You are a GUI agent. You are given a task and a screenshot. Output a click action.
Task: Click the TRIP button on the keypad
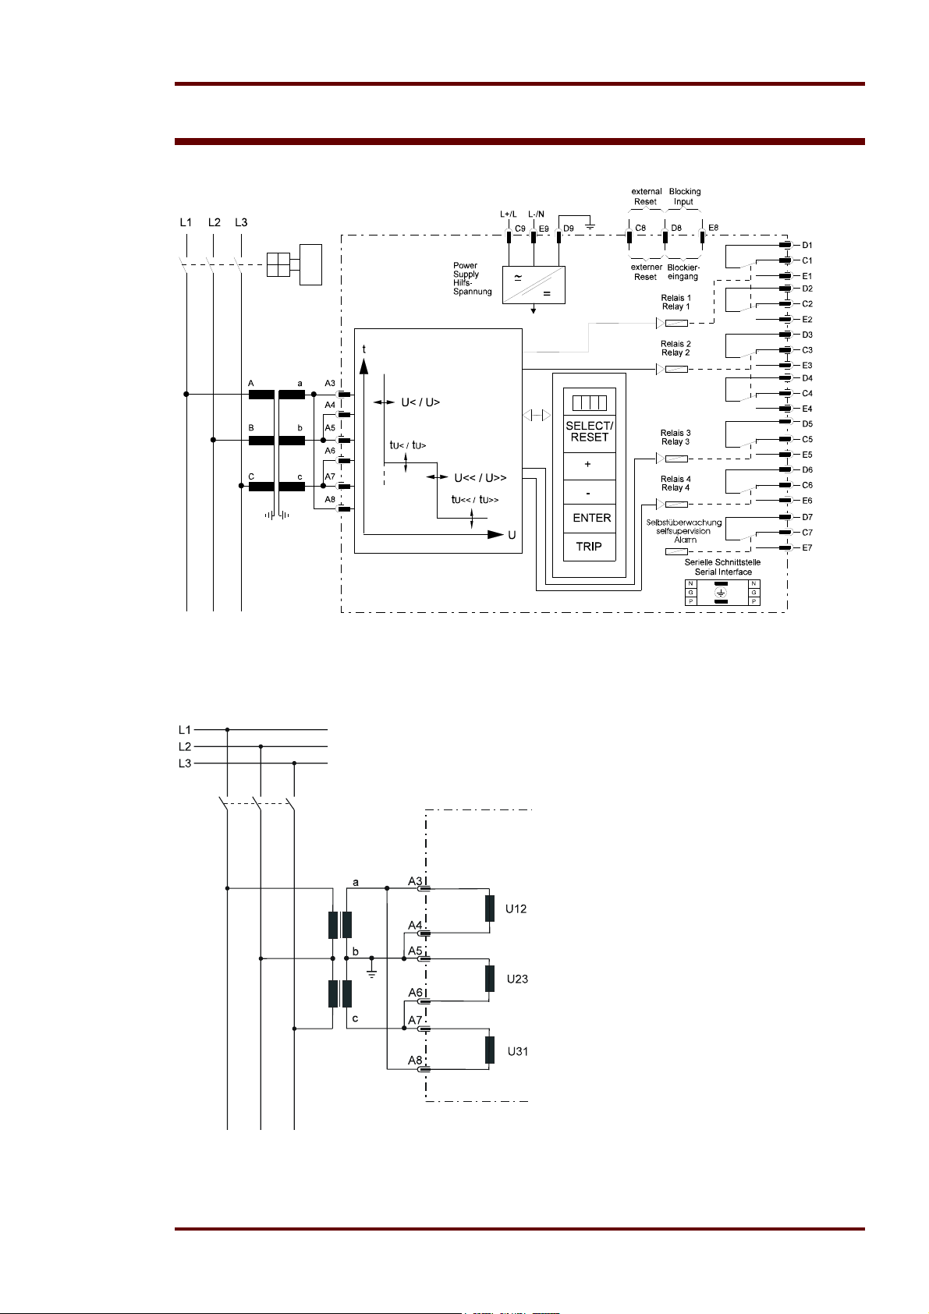click(589, 547)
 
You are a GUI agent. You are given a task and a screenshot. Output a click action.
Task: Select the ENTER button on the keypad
click(589, 519)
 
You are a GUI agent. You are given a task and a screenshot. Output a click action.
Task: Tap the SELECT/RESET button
click(589, 432)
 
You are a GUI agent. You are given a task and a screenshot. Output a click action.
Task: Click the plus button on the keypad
click(589, 466)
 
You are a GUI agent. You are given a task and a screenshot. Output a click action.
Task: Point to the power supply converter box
click(534, 285)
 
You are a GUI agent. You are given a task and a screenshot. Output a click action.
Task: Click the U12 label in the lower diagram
click(516, 909)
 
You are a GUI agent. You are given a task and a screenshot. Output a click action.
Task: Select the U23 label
click(517, 979)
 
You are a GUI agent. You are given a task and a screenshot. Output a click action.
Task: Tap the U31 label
click(518, 1052)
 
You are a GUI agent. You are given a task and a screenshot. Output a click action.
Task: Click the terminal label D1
click(807, 245)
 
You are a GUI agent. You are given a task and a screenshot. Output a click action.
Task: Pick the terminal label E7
click(807, 548)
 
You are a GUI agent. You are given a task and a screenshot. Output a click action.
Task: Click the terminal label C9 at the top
click(520, 228)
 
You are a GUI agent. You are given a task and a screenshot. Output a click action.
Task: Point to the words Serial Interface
click(723, 572)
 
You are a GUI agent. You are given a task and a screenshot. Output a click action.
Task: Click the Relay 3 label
click(675, 441)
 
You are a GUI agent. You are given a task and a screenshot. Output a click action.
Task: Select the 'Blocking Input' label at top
click(684, 197)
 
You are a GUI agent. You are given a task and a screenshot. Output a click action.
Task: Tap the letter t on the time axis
click(363, 349)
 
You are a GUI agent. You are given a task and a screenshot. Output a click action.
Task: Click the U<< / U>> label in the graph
click(480, 478)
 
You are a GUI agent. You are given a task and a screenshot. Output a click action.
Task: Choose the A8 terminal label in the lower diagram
click(415, 1060)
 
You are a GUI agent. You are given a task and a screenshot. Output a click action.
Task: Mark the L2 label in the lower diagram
click(185, 747)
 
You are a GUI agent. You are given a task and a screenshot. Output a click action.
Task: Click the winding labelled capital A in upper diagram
click(261, 395)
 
